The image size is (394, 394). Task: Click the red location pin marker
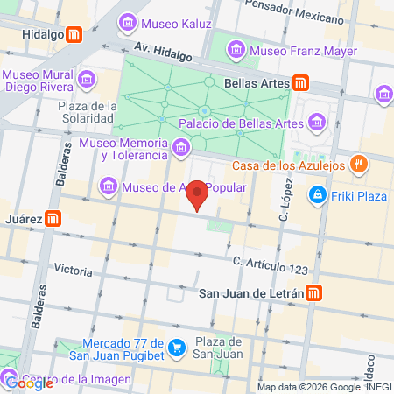(198, 193)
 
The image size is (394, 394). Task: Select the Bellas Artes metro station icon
(300, 83)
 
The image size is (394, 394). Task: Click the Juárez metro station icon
(54, 219)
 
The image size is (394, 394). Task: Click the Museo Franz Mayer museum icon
(236, 50)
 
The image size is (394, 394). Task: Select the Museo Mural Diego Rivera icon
(87, 81)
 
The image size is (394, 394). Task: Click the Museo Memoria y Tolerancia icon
(180, 148)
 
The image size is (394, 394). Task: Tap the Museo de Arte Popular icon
(109, 186)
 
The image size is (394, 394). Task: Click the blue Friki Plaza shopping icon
(317, 195)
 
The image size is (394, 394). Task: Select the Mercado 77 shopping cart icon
(177, 348)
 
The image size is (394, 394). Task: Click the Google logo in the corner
(27, 382)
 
